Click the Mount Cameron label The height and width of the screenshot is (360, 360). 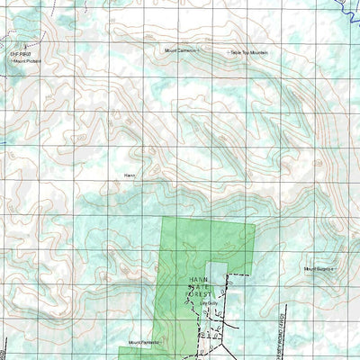pos(179,51)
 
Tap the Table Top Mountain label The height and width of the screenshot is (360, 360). pos(250,53)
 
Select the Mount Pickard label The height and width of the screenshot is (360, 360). pos(27,62)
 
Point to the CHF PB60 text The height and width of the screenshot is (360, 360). pos(20,54)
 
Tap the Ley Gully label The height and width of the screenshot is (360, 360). pos(210,303)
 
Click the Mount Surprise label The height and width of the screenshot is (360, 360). pos(318,269)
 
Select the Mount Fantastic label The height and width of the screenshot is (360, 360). pos(142,343)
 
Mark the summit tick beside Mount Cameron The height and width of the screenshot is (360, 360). pos(200,51)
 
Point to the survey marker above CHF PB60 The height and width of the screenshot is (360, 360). pos(12,40)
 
